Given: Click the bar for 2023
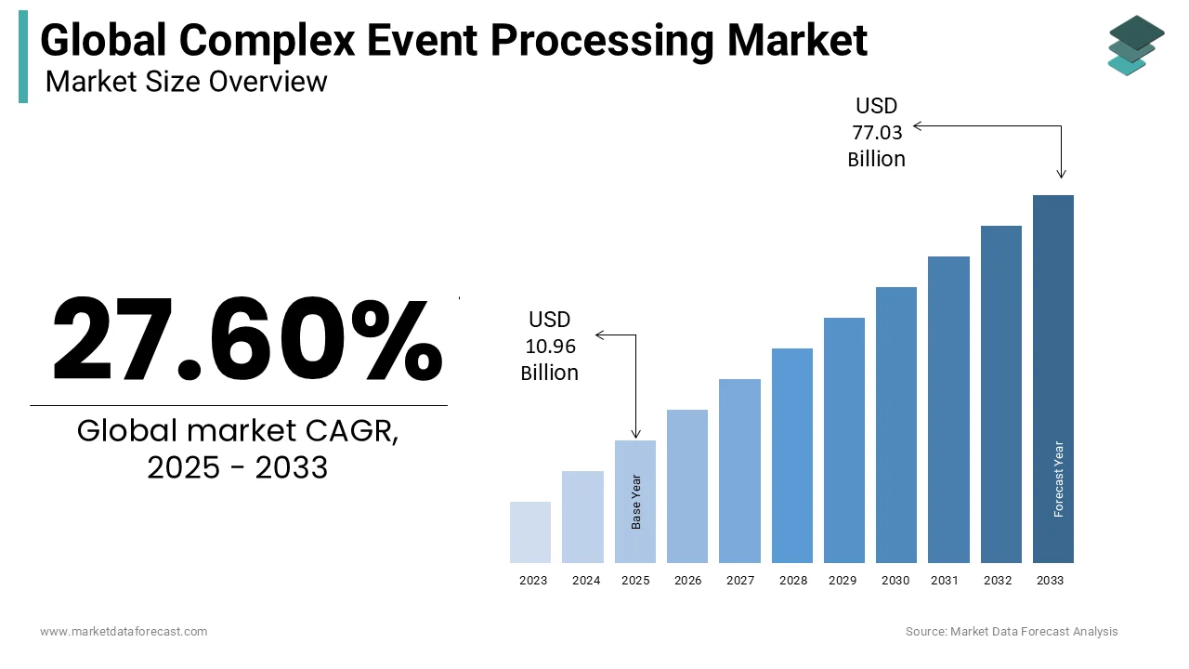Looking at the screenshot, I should pos(530,532).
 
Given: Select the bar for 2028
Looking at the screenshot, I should pos(791,455).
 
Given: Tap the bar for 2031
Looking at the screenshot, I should pos(948,409).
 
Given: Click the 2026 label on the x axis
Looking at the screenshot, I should pos(687,581).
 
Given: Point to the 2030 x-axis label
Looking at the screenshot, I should pos(895,581).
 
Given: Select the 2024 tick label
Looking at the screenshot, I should pos(586,581).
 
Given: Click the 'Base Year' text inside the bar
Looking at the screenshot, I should pos(636,503).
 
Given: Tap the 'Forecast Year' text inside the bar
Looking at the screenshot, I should pos(1058,479).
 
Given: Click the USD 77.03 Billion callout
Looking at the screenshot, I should pos(876,133).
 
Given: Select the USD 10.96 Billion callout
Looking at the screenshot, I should pos(550,347).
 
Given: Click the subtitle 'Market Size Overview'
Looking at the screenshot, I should pos(186,82).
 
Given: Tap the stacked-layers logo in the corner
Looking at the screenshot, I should pos(1136,45).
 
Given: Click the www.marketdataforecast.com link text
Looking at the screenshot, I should pos(124,632).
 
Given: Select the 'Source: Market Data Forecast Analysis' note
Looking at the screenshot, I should pos(1012,632).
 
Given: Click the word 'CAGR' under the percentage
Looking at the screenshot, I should pos(354,431).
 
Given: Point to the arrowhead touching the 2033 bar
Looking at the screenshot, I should pos(1062,174).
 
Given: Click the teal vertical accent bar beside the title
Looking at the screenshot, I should pos(23,57).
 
